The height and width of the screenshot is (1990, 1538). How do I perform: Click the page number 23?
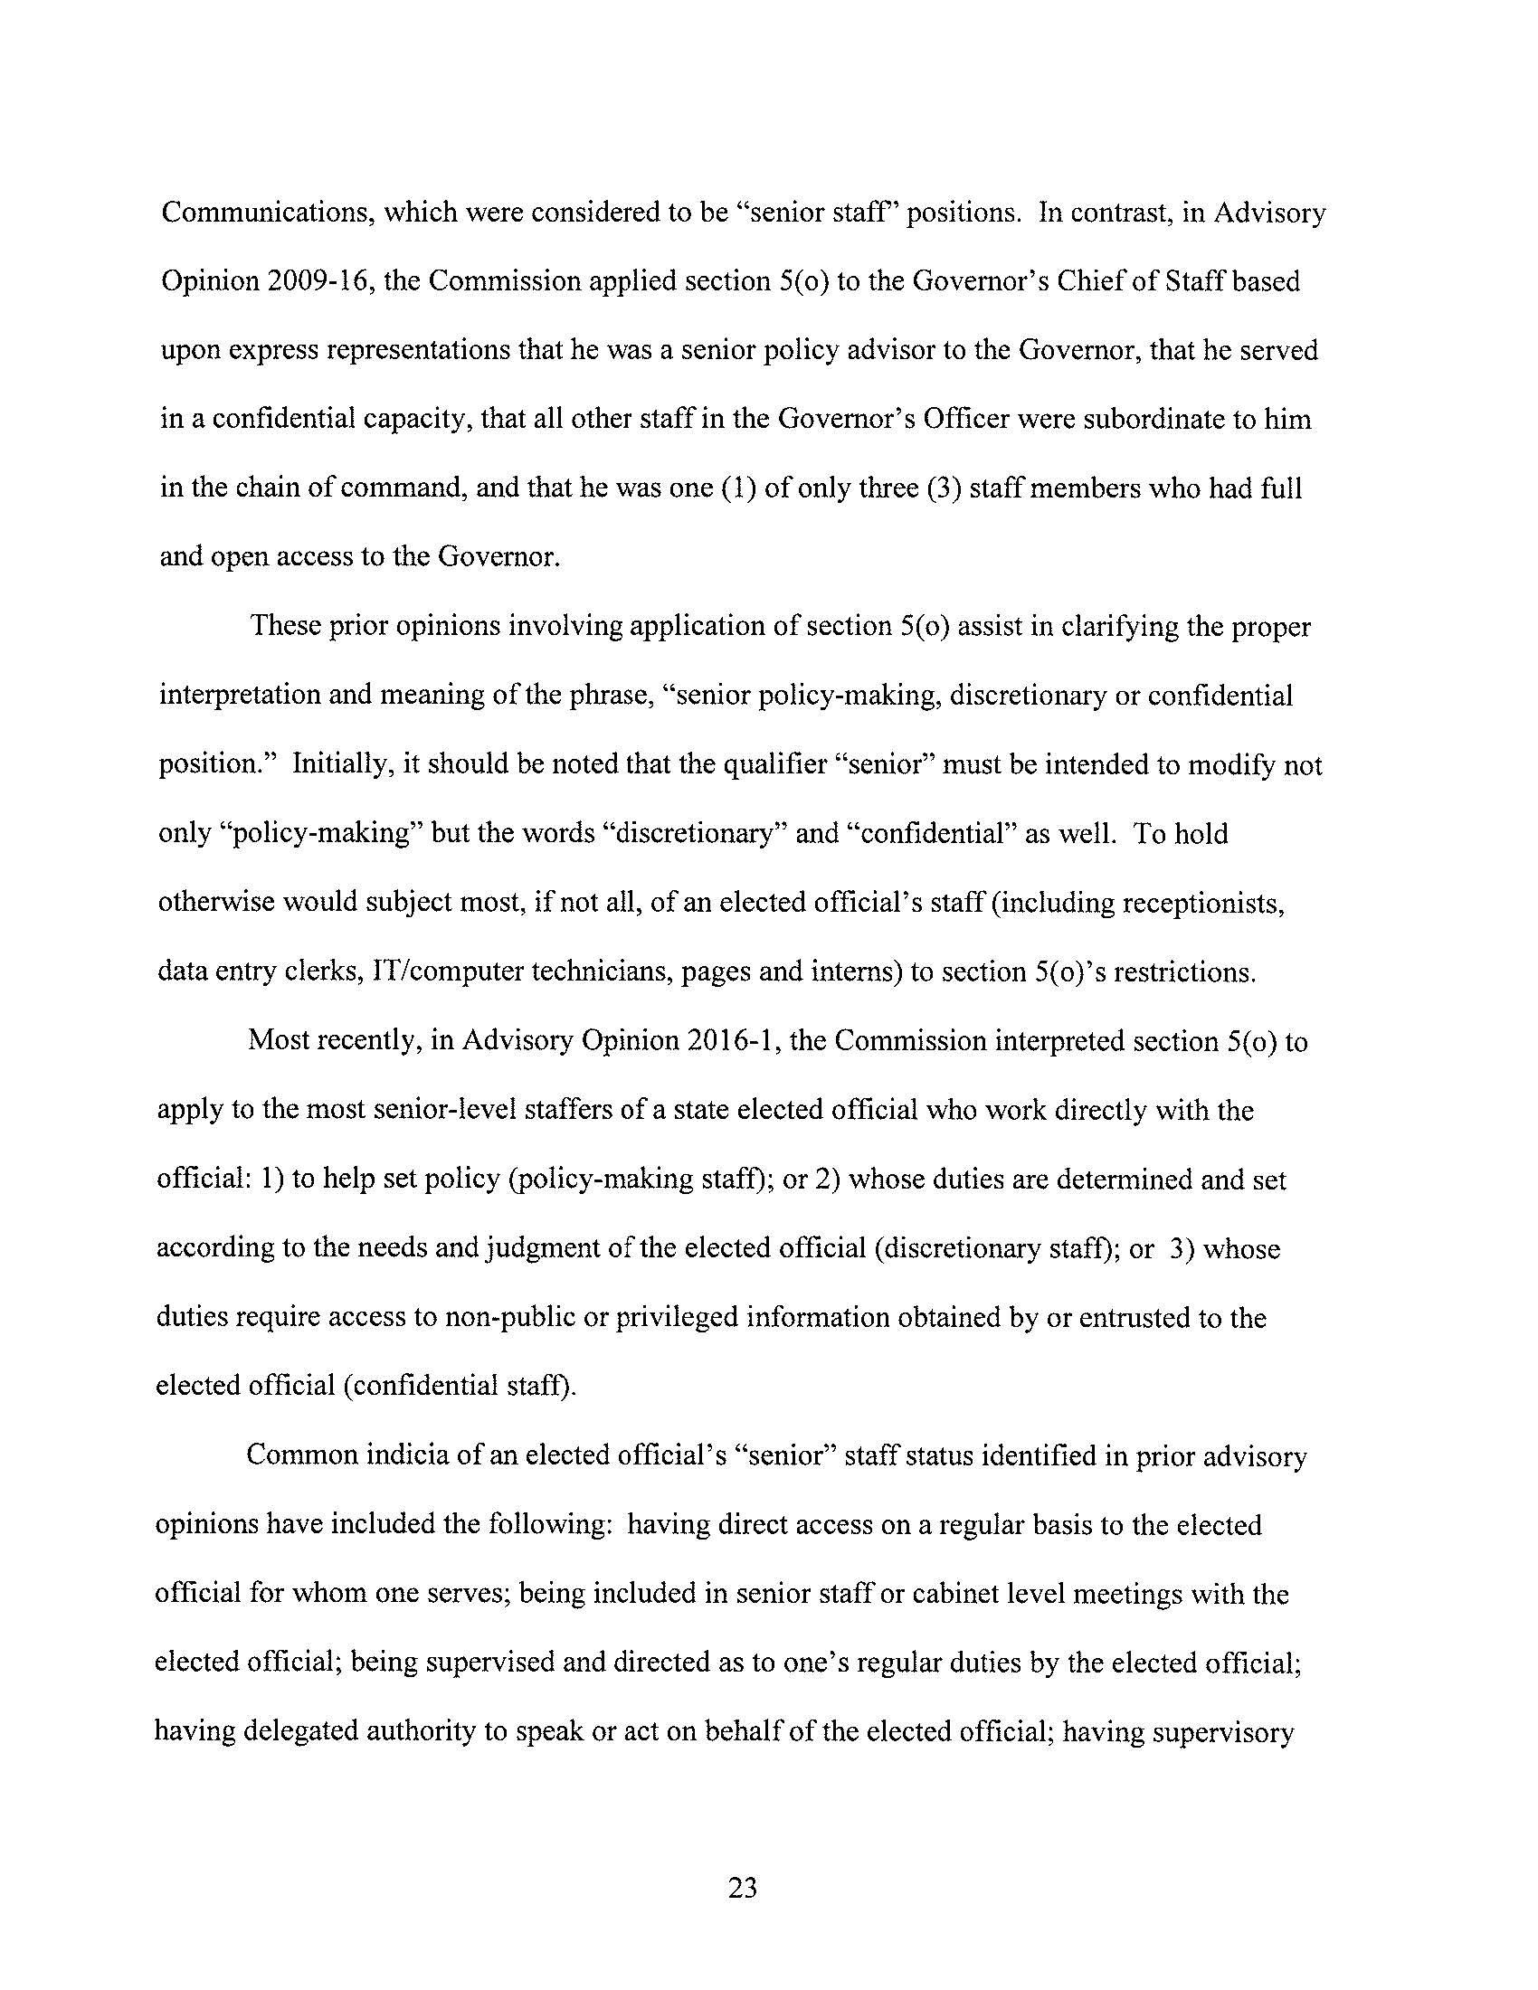click(x=743, y=1888)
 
